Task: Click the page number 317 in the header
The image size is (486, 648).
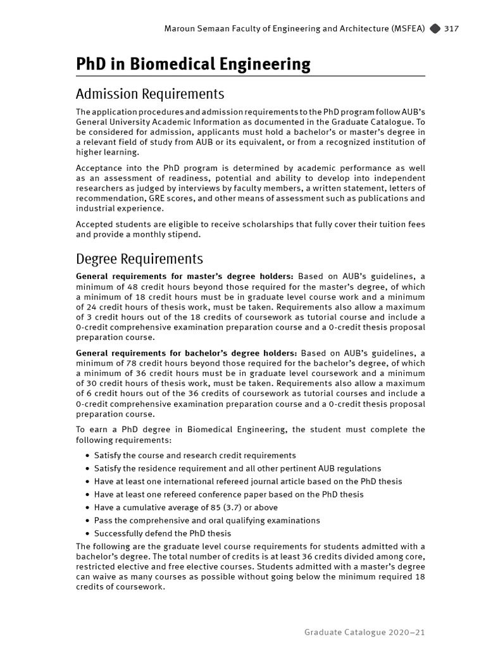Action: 451,28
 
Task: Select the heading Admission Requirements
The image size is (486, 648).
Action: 150,94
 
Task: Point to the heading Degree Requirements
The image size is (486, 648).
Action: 139,259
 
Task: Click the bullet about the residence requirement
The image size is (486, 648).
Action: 237,468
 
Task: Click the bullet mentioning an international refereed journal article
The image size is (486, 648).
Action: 247,482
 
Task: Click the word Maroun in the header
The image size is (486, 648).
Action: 180,28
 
